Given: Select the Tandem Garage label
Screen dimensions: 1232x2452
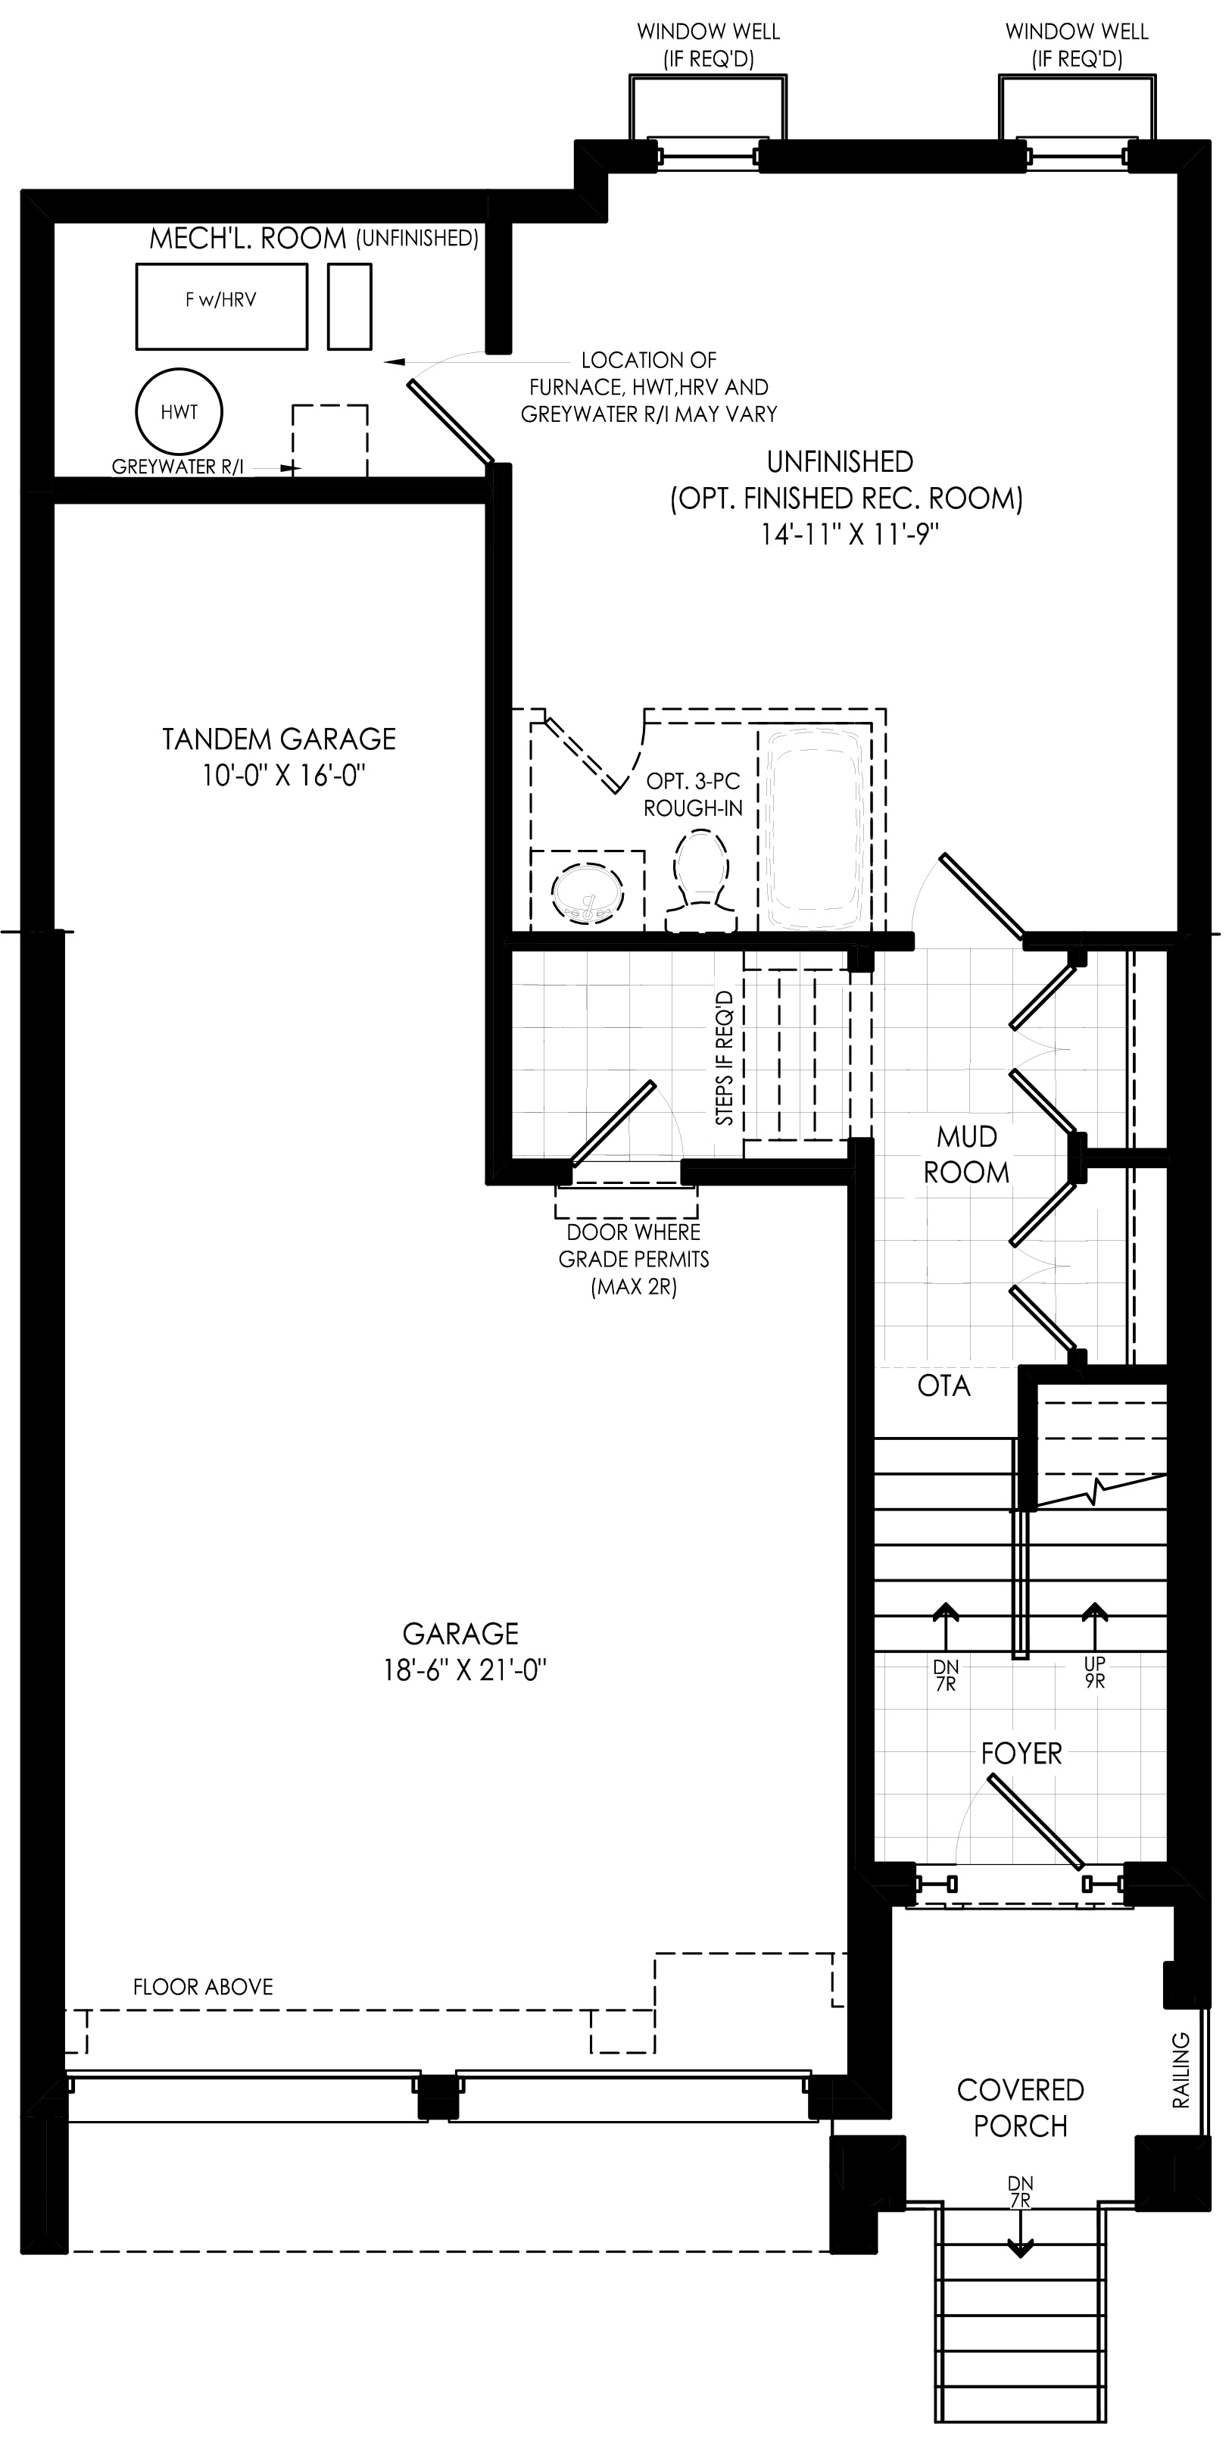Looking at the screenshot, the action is click(279, 739).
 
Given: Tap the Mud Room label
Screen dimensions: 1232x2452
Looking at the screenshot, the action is click(966, 1154).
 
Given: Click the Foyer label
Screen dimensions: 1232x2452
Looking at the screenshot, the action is click(1021, 1754).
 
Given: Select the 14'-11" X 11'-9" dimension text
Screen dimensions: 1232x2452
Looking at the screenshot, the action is click(850, 534).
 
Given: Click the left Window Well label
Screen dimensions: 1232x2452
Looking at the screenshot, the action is click(709, 45).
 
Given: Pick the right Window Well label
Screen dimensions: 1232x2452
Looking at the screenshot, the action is click(1077, 45).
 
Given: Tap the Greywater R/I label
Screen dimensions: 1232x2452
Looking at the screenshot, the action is click(178, 467).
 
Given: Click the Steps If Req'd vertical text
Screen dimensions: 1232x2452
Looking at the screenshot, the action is click(725, 1057).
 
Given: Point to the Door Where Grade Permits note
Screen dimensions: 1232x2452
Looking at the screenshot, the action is click(634, 1259).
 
